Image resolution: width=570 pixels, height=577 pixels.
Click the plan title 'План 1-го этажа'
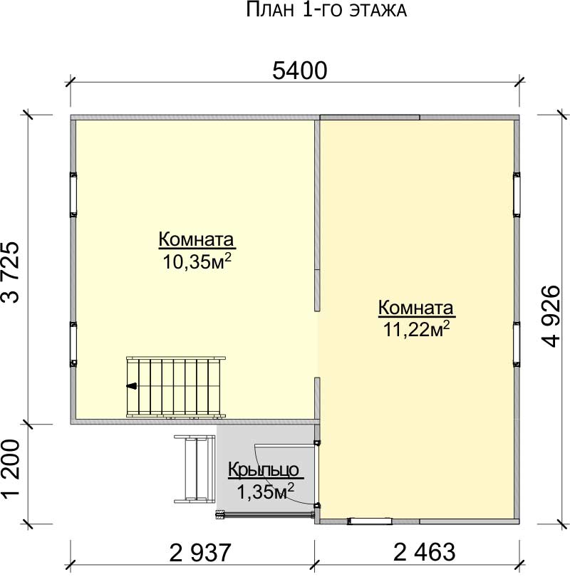[326, 10]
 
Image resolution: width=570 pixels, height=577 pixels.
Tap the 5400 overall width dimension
[299, 71]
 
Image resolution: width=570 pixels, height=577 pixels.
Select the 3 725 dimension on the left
[10, 271]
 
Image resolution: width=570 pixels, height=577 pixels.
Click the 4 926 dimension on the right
[551, 316]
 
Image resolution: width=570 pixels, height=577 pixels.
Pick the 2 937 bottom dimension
[199, 552]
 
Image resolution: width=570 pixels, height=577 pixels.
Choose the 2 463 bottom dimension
[424, 552]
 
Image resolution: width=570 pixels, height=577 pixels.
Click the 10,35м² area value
[197, 261]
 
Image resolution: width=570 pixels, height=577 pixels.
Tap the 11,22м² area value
[417, 329]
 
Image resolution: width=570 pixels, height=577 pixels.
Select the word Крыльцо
[264, 469]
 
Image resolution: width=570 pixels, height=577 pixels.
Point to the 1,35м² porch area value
[265, 492]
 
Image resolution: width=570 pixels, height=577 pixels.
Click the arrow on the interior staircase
[131, 386]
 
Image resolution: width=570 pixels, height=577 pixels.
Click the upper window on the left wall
[73, 194]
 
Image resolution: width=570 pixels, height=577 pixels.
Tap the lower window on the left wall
[73, 344]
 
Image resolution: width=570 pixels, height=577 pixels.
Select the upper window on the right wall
[517, 194]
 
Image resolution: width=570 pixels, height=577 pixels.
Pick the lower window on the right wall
[517, 344]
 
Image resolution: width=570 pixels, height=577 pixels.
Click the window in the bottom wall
[370, 521]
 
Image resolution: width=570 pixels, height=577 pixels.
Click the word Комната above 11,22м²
[416, 308]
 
